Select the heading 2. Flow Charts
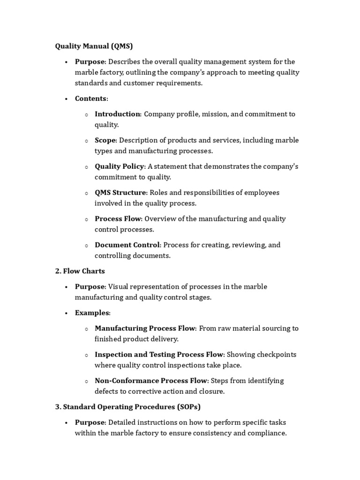[80, 271]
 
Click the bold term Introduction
[117, 114]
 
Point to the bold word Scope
[105, 140]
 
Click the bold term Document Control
[127, 245]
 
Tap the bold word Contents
[91, 98]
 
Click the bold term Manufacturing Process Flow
[145, 328]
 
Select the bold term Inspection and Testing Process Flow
[159, 354]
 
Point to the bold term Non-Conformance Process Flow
[151, 381]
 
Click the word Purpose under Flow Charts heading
[90, 286]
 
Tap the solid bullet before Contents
[67, 99]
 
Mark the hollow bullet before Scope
[86, 141]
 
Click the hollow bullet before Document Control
[86, 245]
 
